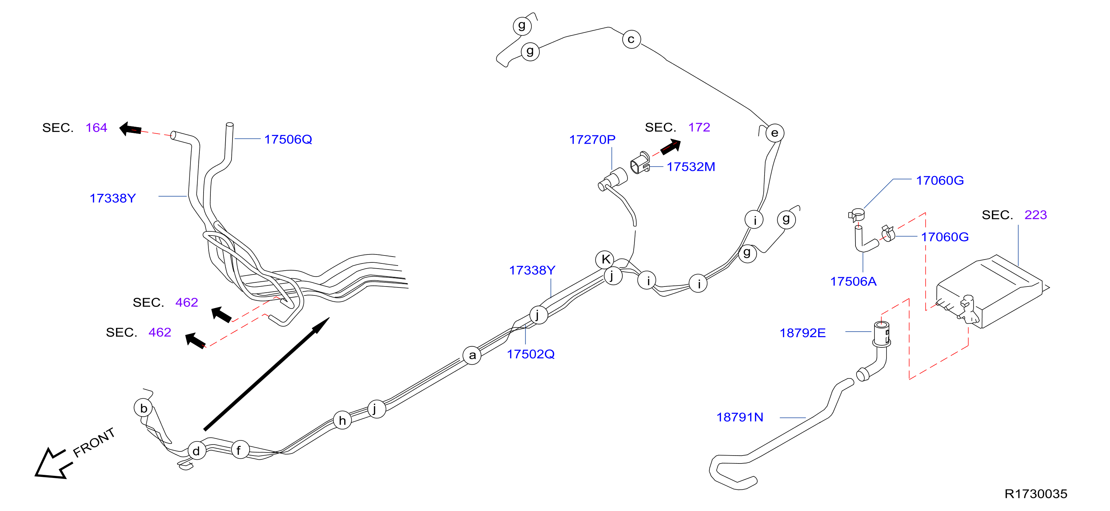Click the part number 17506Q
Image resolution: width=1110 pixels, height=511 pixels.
[288, 139]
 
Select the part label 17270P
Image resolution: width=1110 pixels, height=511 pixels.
[592, 139]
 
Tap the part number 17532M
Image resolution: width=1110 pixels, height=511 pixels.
[691, 167]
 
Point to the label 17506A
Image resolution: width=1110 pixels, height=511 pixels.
[853, 281]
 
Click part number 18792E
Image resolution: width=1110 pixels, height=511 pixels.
[803, 333]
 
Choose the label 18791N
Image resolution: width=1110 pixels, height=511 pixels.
[740, 417]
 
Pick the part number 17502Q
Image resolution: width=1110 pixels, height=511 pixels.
[530, 354]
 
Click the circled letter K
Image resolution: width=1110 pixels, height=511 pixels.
[604, 259]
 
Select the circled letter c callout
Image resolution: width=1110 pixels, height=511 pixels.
[631, 40]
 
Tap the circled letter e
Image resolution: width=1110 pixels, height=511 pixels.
[774, 133]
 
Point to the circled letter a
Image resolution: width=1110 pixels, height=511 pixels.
[472, 355]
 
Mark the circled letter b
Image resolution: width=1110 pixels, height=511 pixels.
[144, 408]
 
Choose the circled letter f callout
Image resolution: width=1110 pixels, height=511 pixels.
[240, 450]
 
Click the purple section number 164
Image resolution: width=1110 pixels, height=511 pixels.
[96, 127]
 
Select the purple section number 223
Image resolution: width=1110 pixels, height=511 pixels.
[1036, 215]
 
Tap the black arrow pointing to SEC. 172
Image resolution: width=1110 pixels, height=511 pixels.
[671, 146]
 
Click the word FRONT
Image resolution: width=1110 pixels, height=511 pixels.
[94, 442]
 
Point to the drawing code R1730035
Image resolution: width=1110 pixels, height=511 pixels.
[1036, 494]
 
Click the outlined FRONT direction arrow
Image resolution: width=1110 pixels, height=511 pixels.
[51, 463]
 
